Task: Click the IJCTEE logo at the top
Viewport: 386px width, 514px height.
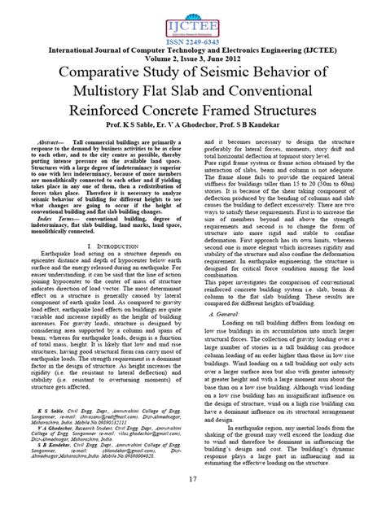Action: tap(193, 18)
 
